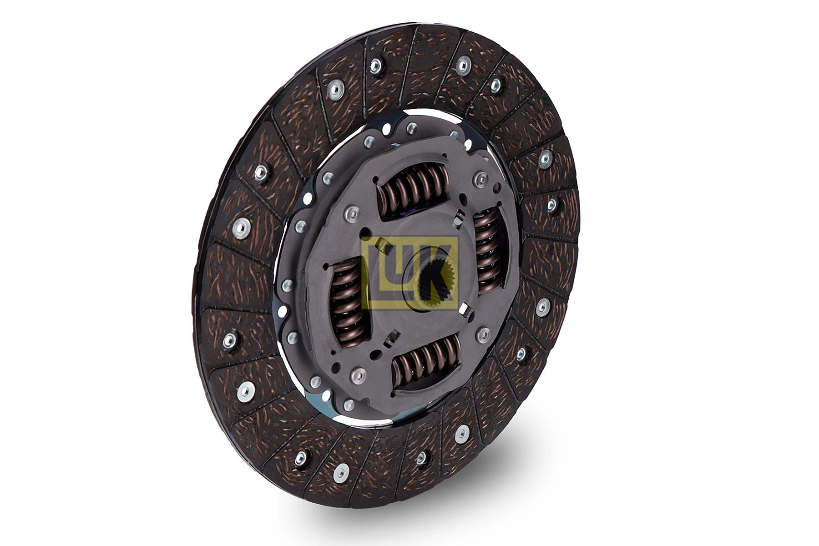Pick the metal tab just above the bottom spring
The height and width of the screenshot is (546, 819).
(x=391, y=339)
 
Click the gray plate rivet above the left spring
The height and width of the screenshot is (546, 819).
(x=351, y=212)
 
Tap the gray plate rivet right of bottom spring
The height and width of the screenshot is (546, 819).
(x=482, y=334)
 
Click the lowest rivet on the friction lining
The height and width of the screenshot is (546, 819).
(x=341, y=474)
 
